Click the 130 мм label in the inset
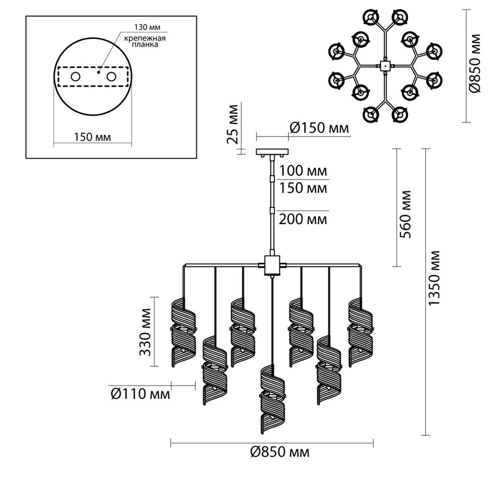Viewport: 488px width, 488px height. coord(147,27)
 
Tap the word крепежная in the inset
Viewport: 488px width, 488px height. coord(145,38)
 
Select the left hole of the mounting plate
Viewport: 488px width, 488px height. coord(76,77)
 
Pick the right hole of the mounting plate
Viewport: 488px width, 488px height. coord(111,77)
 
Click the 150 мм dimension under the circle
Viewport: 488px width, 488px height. coord(92,137)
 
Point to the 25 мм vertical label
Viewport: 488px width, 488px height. coord(232,124)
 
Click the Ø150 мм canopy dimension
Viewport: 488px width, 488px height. coord(319,127)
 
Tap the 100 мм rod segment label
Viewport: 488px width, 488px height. coord(303,171)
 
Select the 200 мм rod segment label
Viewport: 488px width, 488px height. coord(303,220)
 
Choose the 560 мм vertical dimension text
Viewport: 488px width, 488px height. coord(405,214)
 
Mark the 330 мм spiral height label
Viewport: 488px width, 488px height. coord(145,332)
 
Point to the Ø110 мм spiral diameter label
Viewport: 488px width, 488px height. coord(141,394)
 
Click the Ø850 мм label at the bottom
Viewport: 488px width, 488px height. coord(280,451)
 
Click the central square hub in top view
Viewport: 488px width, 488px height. coord(386,65)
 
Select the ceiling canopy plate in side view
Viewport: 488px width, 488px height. coord(272,152)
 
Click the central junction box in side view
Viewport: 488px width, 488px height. coord(272,265)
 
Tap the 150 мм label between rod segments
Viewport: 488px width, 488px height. coord(303,188)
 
